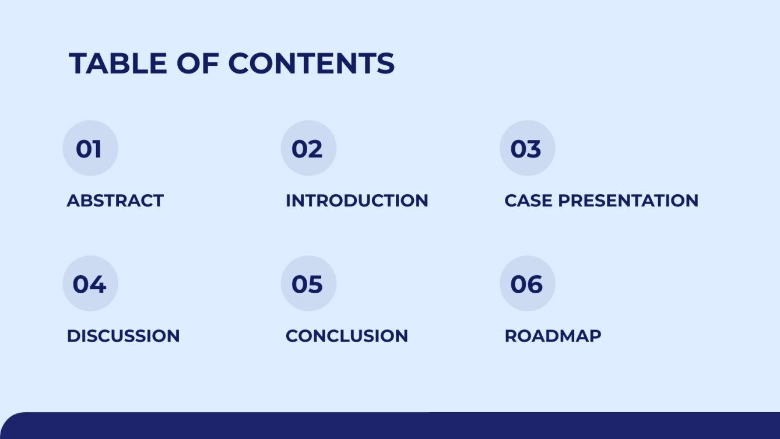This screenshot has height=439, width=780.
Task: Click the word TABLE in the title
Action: coord(118,64)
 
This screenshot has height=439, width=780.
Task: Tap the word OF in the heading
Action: coord(198,64)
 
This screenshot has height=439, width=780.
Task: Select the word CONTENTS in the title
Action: coord(311,64)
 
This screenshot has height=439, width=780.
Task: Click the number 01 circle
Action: coord(90,148)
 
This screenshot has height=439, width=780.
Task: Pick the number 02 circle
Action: coord(308,148)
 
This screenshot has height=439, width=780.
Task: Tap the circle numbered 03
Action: coord(527,148)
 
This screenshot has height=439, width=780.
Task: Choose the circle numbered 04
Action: coord(90,283)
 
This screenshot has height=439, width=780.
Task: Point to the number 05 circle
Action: coord(308,283)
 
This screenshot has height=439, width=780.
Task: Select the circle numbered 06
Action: coord(527,283)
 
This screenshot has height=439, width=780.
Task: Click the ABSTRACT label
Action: coord(115,201)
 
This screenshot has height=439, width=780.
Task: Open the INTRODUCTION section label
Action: coord(357,201)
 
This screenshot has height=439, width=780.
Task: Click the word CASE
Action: coord(528,201)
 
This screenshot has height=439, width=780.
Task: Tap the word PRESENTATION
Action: coord(628,201)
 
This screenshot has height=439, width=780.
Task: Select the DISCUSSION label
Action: coord(123,336)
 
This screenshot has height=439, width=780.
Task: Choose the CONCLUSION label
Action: coord(346,336)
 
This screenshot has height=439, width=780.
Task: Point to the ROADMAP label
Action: coord(553,336)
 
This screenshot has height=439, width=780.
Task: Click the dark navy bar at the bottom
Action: coord(390,426)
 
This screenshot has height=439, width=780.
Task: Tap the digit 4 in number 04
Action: coord(98,285)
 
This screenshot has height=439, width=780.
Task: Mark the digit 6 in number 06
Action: coord(535,285)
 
